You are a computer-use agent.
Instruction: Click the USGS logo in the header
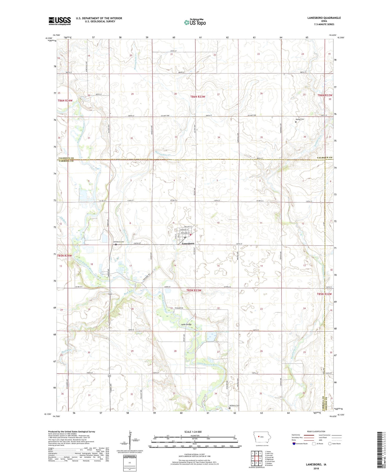click(60, 21)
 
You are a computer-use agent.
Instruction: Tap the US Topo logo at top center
click(195, 22)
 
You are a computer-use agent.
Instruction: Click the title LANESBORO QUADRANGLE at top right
click(324, 18)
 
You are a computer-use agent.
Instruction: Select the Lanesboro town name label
click(188, 243)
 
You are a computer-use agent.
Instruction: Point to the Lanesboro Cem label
click(118, 242)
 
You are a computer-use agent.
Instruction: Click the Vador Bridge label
click(186, 324)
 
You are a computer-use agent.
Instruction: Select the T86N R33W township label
click(198, 97)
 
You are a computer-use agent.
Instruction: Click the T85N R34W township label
click(65, 255)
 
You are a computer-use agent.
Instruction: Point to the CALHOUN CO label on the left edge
click(66, 158)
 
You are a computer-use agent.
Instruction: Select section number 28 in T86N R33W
click(175, 94)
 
